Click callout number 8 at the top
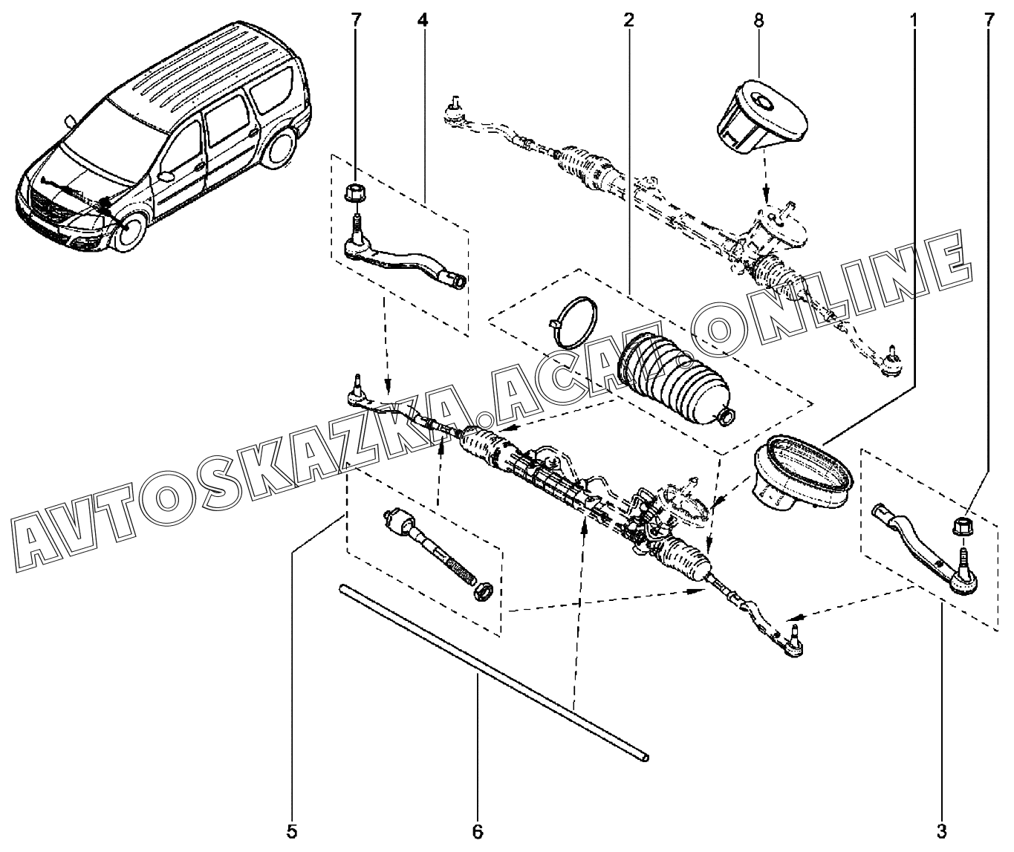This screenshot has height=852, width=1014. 758,20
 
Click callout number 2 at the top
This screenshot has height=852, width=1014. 628,20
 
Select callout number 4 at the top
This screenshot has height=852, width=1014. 422,20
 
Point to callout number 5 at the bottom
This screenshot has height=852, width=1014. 293,830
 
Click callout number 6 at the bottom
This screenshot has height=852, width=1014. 478,830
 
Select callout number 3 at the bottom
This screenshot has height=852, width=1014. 943,830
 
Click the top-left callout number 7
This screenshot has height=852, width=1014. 355,20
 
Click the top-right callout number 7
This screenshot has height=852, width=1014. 988,20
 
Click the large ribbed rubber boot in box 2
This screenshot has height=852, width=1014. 672,383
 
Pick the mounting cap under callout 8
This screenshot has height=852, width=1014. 759,114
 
